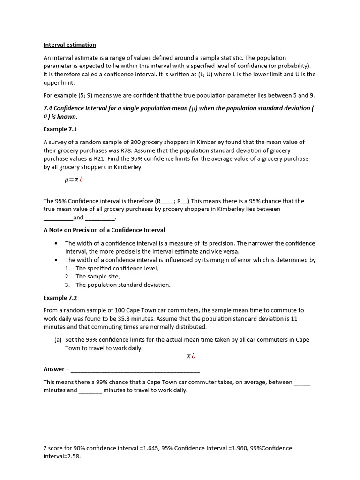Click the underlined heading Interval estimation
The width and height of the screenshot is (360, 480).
(x=69, y=45)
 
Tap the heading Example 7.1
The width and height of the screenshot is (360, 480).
(x=60, y=129)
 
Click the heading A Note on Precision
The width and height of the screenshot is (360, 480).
(x=104, y=230)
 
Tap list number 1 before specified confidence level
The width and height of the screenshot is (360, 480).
(x=67, y=269)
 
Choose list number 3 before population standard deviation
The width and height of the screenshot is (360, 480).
(x=67, y=285)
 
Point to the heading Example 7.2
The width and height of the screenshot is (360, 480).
(x=60, y=298)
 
